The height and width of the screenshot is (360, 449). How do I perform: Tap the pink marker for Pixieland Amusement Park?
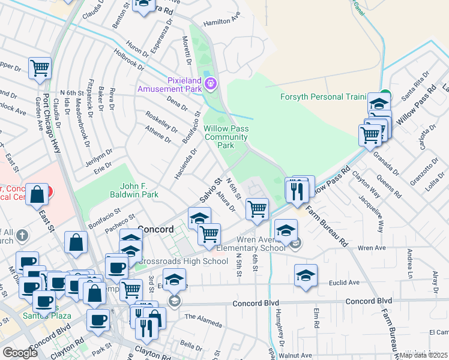(211, 83)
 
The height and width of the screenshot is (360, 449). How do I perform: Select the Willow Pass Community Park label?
(226, 137)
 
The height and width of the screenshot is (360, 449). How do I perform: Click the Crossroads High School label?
(182, 261)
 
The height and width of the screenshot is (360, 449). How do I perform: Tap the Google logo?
(20, 352)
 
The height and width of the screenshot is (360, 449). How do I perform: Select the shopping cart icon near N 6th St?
(257, 209)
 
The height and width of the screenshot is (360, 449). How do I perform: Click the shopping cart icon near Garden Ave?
(40, 69)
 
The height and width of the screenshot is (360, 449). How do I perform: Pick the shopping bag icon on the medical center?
(37, 195)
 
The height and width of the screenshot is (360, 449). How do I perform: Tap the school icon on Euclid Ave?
(306, 274)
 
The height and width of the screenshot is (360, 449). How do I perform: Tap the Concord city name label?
(156, 229)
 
